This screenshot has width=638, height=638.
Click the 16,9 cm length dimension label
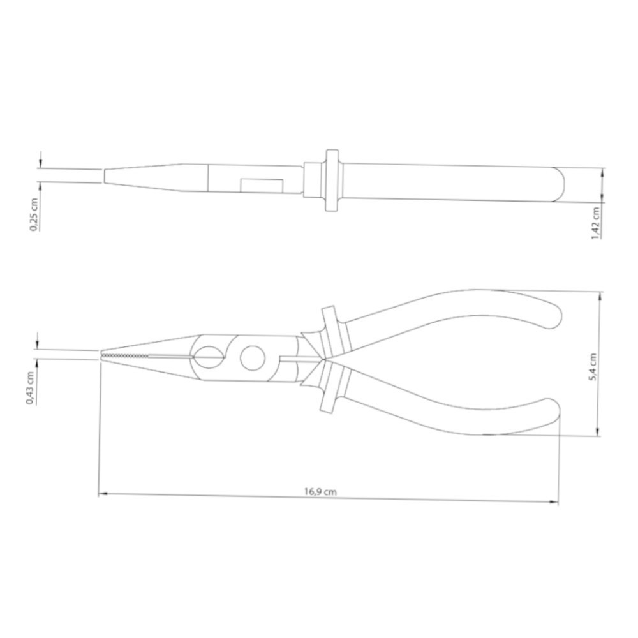point(321,491)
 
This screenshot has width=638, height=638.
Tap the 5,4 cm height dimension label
point(593,366)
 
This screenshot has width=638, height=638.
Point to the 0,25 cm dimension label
point(34,214)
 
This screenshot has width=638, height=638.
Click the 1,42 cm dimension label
point(596,223)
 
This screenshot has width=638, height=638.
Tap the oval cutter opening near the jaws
point(209,358)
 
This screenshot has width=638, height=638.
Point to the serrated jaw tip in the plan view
point(126,355)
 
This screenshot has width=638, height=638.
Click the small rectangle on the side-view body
point(262,186)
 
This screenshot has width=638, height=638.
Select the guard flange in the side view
point(332,181)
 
